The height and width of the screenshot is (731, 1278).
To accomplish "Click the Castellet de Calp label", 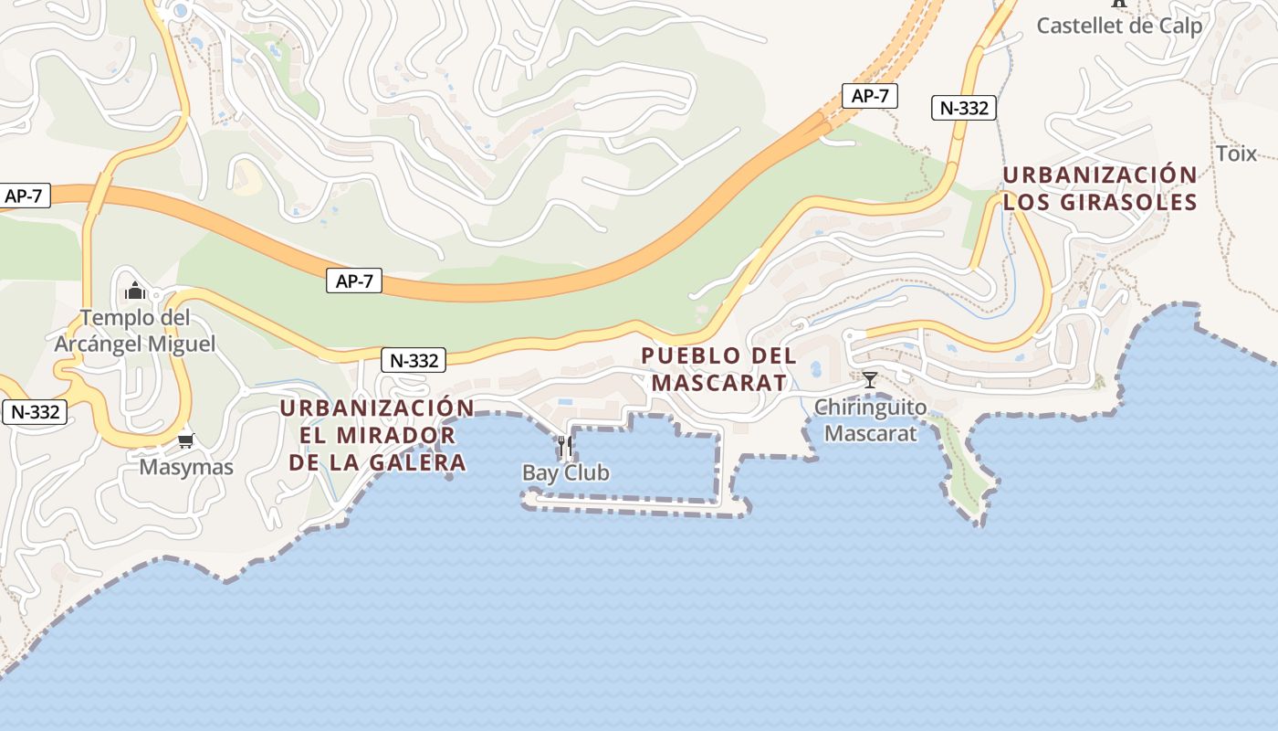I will click(x=1119, y=26).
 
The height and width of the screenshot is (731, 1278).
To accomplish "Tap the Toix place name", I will click(x=1236, y=154).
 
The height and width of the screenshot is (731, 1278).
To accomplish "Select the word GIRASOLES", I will click(x=1126, y=202).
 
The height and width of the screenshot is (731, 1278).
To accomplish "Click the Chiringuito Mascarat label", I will click(x=870, y=420).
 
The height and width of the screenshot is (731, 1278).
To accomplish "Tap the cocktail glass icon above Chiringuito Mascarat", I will click(x=869, y=379).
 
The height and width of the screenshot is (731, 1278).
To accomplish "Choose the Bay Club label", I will click(x=565, y=472).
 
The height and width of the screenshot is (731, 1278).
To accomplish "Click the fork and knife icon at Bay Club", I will click(x=565, y=445).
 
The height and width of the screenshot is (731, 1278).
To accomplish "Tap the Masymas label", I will click(x=186, y=467).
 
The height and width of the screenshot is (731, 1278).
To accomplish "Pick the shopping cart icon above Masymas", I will click(x=186, y=440).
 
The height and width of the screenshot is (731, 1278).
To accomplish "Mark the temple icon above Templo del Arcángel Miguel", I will click(x=135, y=291).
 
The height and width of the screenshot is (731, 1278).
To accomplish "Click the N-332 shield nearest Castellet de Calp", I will click(x=964, y=108).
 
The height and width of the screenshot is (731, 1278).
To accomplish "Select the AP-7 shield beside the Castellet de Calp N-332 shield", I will click(x=869, y=96).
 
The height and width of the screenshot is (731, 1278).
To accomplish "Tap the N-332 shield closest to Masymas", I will click(x=36, y=412).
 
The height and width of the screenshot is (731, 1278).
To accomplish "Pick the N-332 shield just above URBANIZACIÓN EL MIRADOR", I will click(x=415, y=360).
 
